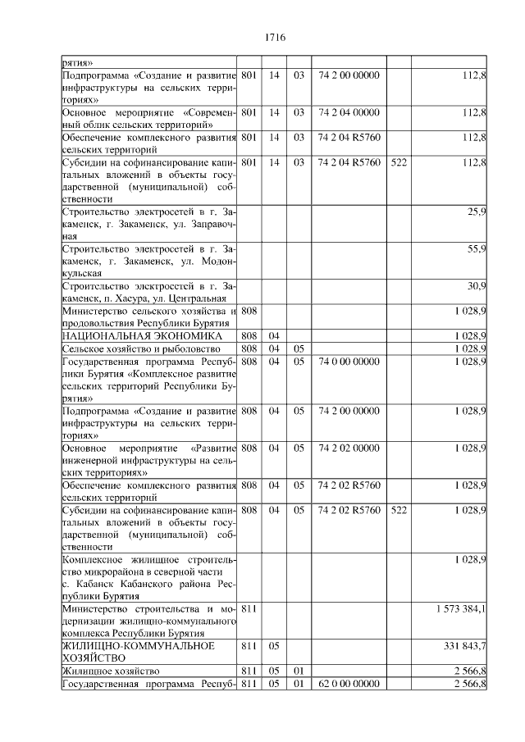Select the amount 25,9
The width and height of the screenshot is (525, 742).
click(x=477, y=212)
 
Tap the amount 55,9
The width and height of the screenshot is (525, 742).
click(x=477, y=248)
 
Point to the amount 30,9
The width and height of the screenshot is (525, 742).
click(x=477, y=285)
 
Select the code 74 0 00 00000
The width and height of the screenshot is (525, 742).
click(x=349, y=361)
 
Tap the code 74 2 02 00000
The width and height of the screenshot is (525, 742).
click(x=349, y=448)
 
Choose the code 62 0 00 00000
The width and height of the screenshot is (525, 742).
click(x=349, y=683)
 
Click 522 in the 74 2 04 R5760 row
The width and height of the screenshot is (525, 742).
click(x=399, y=162)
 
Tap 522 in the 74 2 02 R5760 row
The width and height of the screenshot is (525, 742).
click(x=399, y=510)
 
